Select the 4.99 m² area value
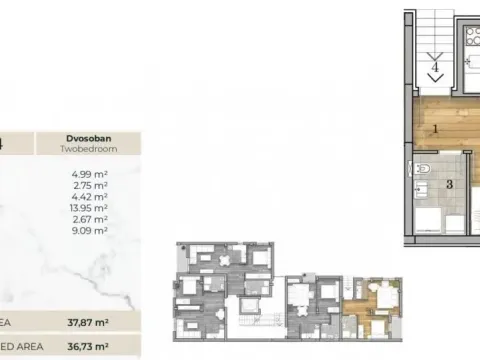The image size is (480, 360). pyautogui.click(x=92, y=175)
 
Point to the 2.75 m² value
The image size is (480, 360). pyautogui.click(x=92, y=186)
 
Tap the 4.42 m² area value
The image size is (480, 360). pyautogui.click(x=92, y=197)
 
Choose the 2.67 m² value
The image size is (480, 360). pyautogui.click(x=92, y=219)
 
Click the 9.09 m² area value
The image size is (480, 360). pyautogui.click(x=92, y=230)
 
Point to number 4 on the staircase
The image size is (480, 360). pyautogui.click(x=436, y=70)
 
